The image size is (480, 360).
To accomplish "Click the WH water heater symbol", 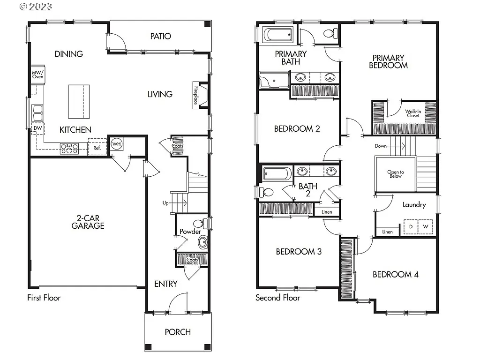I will coord(117,144).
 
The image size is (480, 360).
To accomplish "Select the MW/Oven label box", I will coord(37,74).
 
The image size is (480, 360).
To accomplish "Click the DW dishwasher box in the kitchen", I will coord(37,128).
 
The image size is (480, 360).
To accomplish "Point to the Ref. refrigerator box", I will coord(97,147).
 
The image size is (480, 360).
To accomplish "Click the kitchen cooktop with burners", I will coord(71,149).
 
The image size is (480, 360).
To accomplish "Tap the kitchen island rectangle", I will coord(79,101).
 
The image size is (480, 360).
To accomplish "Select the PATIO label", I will coord(160,36).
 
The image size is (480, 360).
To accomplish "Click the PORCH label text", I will coord(178,332).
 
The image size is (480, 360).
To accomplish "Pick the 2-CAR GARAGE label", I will coord(88,222).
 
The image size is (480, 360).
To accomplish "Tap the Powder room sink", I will coord(202,242).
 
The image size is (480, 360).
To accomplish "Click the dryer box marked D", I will coord(411,227).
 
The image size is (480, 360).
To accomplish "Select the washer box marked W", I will coord(426,227).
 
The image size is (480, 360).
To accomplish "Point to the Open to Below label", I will coord(395,174).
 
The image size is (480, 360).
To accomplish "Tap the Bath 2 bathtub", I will coord(277,174).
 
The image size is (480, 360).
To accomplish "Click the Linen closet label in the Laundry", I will coord(387,232).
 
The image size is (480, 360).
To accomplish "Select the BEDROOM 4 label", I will coord(395,275).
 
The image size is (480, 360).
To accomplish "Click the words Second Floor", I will coord(277,298).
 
